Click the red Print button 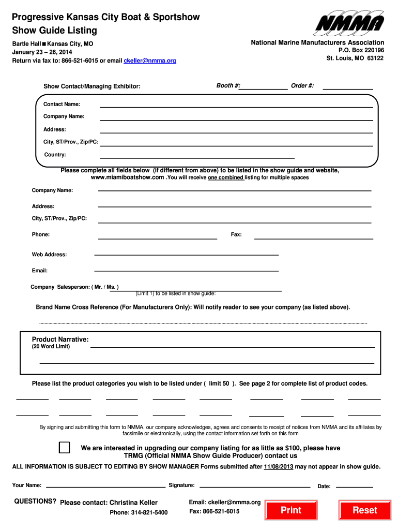(x=290, y=510)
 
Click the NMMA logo (x=350, y=24)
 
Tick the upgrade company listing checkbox (x=65, y=448)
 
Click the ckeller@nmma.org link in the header (x=150, y=61)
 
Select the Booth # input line (x=264, y=86)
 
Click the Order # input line (x=347, y=86)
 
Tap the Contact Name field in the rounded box (x=236, y=104)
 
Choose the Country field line (x=197, y=154)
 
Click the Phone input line (x=158, y=235)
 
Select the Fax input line (x=314, y=235)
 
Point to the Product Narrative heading (x=60, y=340)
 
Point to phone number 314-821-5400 (x=139, y=512)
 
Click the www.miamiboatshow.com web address (x=128, y=178)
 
